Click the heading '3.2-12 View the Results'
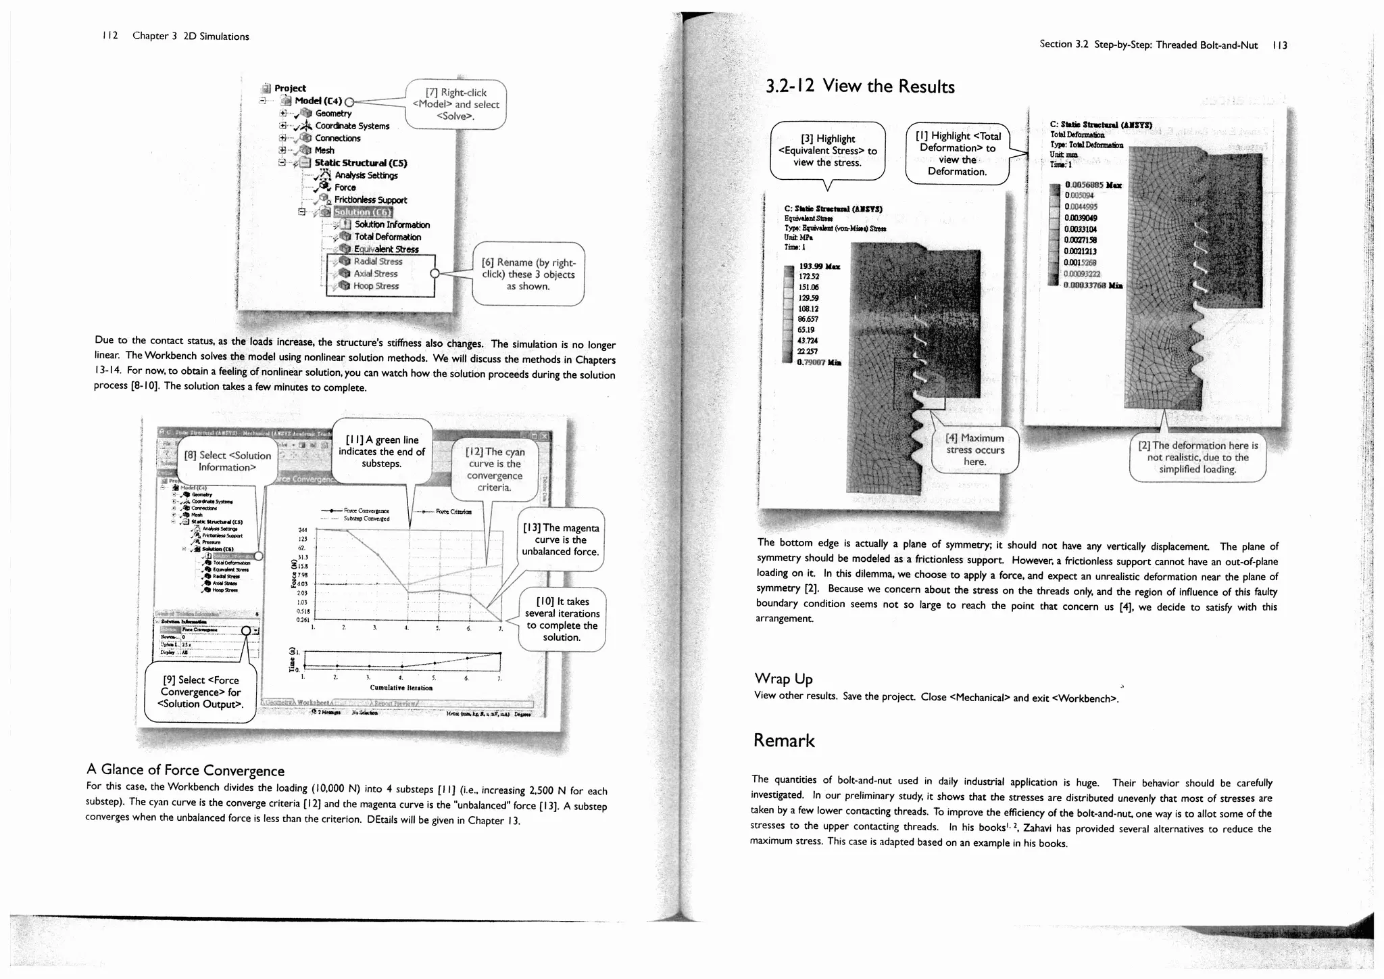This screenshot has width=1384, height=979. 860,87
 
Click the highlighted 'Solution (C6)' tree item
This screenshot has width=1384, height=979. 363,212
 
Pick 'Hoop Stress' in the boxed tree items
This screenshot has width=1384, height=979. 376,286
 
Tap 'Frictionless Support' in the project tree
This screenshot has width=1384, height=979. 370,200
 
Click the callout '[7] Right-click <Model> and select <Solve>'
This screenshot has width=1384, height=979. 455,104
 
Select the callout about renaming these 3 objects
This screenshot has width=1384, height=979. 528,274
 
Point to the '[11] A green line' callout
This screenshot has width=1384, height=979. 382,452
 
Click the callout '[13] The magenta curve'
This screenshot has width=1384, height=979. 560,540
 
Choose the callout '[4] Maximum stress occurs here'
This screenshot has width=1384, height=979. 974,450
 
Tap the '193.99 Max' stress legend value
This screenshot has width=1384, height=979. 819,266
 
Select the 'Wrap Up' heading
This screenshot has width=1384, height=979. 783,678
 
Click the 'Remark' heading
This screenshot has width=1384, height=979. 784,740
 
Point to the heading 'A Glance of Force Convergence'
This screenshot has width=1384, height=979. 186,770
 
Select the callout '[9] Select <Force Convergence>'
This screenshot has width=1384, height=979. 201,692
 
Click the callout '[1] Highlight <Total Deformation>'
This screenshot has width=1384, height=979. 958,153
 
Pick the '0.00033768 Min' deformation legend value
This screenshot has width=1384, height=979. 1093,285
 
